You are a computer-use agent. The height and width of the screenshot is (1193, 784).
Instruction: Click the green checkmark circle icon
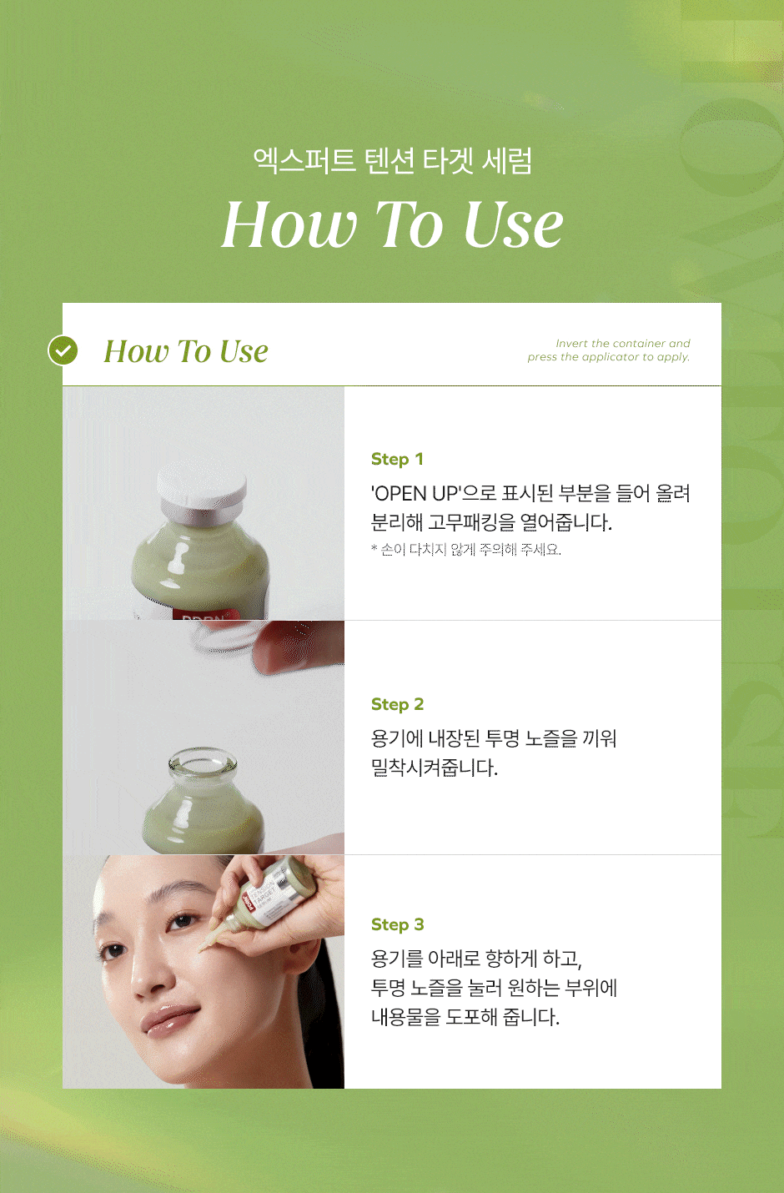point(63,351)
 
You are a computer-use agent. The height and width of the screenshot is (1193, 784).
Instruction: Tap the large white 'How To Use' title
point(392,224)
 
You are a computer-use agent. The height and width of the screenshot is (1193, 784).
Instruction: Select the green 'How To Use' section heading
point(186,352)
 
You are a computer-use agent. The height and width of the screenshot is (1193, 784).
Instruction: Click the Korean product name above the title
point(392,160)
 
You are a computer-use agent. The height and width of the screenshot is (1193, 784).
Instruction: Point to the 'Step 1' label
point(397,459)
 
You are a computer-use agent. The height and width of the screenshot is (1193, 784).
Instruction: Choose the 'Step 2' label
point(397,704)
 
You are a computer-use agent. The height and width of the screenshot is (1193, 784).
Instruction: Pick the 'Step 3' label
point(397,924)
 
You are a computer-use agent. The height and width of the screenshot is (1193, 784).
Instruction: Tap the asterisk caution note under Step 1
point(465,550)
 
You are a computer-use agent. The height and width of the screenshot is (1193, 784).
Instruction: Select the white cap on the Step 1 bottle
point(203,488)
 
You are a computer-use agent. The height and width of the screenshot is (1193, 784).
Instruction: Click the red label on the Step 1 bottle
point(204,614)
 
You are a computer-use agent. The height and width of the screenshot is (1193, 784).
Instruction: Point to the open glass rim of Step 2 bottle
point(202,761)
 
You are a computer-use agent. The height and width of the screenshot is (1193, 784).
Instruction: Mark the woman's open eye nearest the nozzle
point(183,922)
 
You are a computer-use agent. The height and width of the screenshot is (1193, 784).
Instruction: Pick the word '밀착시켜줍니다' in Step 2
point(434,768)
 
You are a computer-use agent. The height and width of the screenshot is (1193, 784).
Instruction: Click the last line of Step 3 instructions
point(465,1017)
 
